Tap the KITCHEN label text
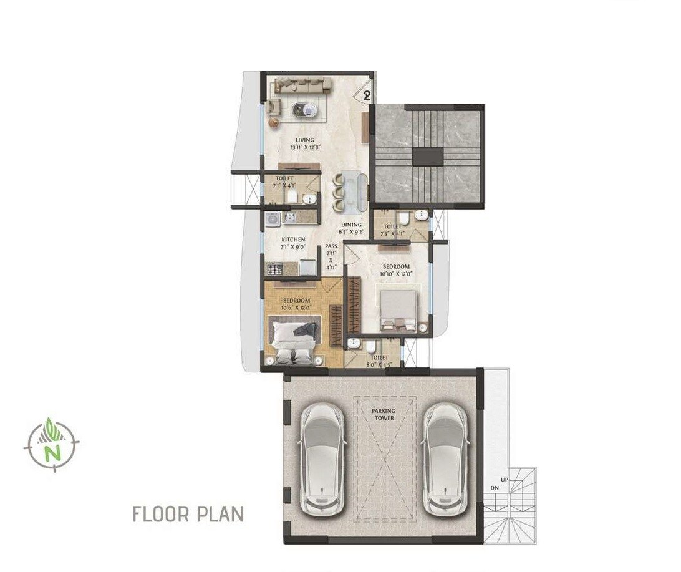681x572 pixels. point(293,240)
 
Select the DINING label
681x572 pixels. point(351,225)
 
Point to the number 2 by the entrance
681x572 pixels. point(367,96)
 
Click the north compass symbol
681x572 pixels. point(52,444)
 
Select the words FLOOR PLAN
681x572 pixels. point(188,515)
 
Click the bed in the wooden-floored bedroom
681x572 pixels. point(294,340)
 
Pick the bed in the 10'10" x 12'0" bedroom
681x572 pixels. point(399,310)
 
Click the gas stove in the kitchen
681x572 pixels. point(274,269)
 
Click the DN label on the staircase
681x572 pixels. point(495,487)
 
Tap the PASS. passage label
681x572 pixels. point(331,246)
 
